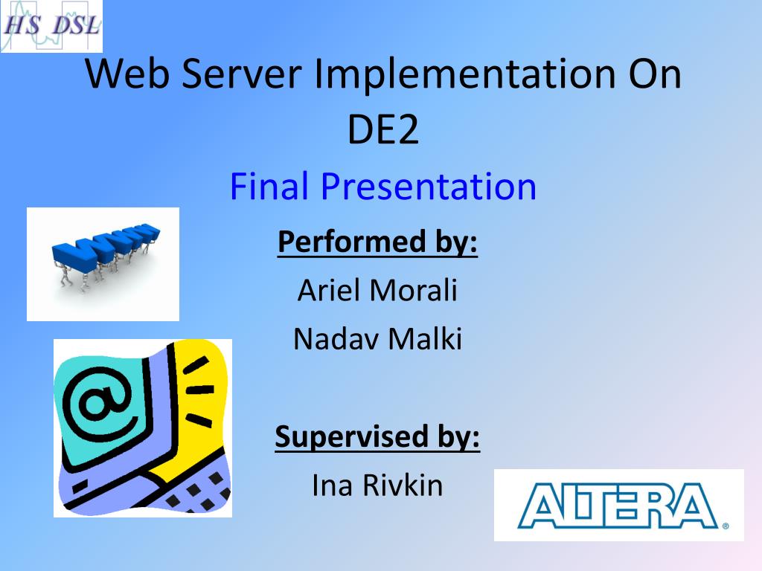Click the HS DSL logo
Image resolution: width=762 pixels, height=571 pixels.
[x=51, y=26]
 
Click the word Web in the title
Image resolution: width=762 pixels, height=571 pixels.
[x=127, y=74]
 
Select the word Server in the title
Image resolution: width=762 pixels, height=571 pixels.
[x=242, y=74]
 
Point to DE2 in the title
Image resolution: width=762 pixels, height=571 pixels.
[x=383, y=129]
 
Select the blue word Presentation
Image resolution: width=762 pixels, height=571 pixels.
[x=429, y=186]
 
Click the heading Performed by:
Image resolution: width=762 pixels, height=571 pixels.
[x=377, y=242]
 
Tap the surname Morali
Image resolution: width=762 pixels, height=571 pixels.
[x=414, y=290]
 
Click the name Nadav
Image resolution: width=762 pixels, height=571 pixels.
[x=336, y=338]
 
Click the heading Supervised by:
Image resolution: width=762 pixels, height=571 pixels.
[x=377, y=436]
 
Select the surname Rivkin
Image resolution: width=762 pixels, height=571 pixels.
[x=403, y=485]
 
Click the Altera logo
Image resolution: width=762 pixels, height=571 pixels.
[x=619, y=505]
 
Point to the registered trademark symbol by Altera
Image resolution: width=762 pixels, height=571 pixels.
[x=726, y=526]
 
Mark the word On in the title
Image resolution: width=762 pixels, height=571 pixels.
[x=655, y=74]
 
